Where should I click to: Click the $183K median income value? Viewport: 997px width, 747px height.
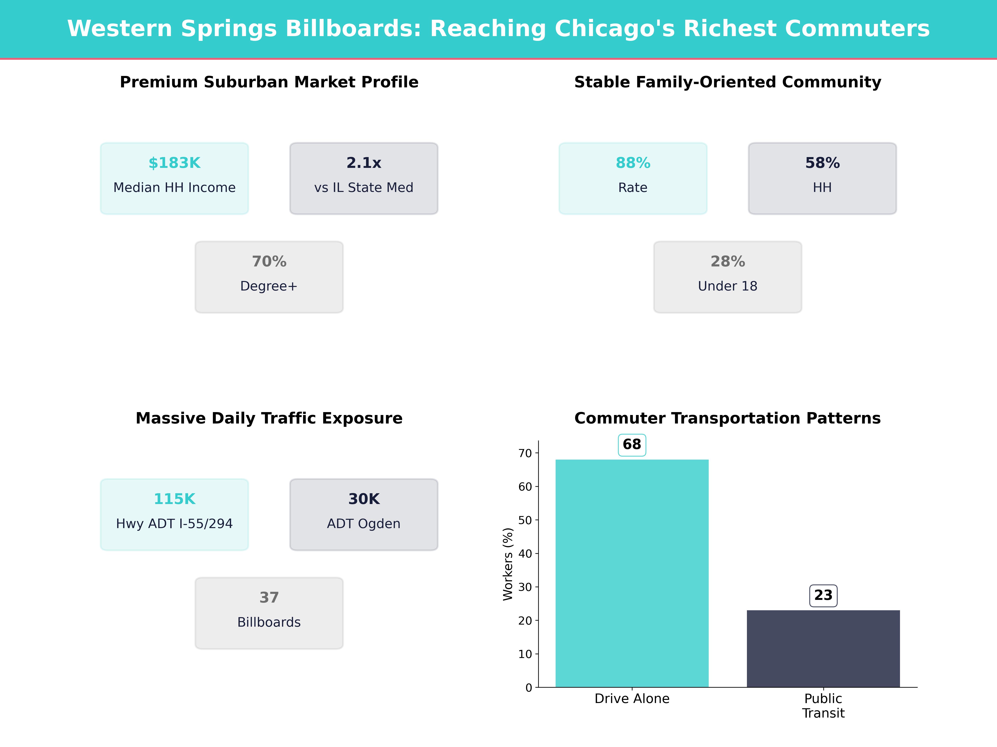174,163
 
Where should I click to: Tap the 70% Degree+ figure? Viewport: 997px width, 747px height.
269,262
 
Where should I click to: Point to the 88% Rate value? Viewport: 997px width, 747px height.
633,163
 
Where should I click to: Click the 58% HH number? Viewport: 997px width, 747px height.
822,163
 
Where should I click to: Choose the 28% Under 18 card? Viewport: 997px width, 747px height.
727,277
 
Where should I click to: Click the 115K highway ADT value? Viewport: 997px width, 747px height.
174,499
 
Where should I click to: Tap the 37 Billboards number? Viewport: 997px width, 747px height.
269,598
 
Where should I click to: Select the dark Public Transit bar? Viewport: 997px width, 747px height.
823,648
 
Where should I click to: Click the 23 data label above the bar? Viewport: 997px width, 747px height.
823,595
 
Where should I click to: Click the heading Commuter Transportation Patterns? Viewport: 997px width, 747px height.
727,418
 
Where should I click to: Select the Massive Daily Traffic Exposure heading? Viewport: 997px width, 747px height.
269,418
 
